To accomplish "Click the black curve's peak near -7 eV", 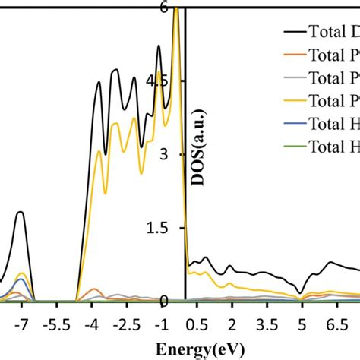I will click(x=21, y=212).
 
